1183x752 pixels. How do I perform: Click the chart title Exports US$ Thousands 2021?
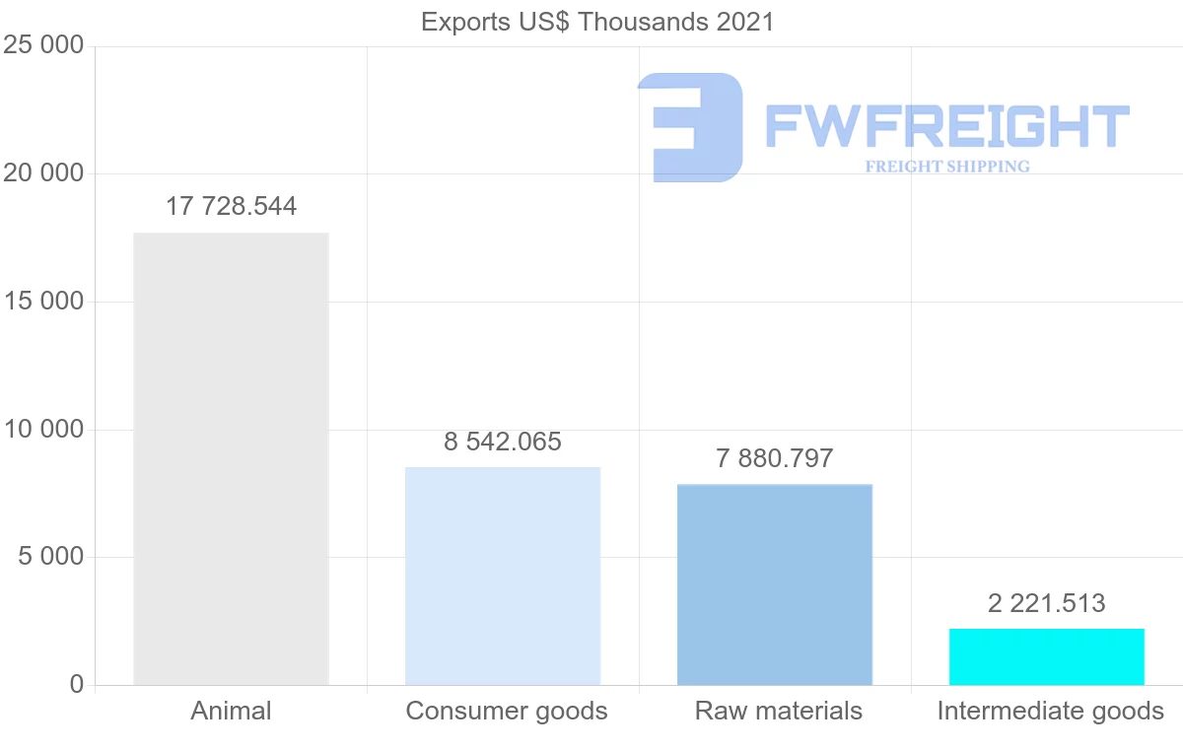(x=597, y=21)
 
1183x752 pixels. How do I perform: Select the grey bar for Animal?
(x=231, y=458)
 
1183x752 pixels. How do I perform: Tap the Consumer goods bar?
(x=503, y=576)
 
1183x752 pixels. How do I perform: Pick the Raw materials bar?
(x=775, y=584)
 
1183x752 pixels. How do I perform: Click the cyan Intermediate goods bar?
(x=1047, y=656)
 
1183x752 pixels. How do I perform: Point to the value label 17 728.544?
(x=231, y=207)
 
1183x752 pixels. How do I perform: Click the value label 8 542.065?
(x=503, y=442)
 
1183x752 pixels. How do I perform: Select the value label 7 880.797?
(x=775, y=458)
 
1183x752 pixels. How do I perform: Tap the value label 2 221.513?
(x=1047, y=603)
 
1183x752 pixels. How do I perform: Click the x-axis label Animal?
(x=231, y=711)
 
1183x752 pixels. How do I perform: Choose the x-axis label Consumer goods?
(x=507, y=711)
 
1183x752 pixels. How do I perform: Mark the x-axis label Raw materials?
(x=779, y=711)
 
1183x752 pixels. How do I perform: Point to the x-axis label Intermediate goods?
(x=1051, y=711)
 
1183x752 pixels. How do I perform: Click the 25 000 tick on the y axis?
(x=43, y=46)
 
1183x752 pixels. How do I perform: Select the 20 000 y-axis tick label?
(x=43, y=174)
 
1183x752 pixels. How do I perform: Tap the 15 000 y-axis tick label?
(x=43, y=302)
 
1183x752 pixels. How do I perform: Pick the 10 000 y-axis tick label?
(x=43, y=430)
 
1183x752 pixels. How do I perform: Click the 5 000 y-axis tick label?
(x=51, y=558)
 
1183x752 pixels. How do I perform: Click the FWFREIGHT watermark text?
(x=946, y=126)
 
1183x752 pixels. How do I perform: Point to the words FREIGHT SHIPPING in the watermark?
(x=947, y=167)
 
